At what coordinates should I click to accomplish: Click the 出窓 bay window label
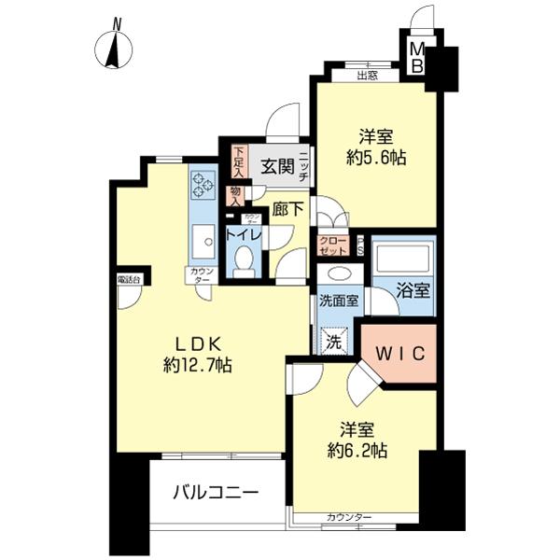point(367,76)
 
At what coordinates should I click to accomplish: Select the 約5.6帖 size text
point(375,158)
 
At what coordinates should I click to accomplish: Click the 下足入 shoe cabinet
point(239,161)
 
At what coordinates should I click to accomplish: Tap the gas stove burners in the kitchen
point(202,182)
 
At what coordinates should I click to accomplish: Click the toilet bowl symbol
point(245,260)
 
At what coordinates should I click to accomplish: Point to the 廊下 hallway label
point(287,210)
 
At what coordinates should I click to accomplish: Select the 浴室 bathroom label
point(414,290)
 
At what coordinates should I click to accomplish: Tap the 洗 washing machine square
point(332,342)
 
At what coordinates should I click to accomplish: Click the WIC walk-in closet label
point(400,353)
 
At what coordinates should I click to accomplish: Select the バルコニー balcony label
point(214,493)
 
